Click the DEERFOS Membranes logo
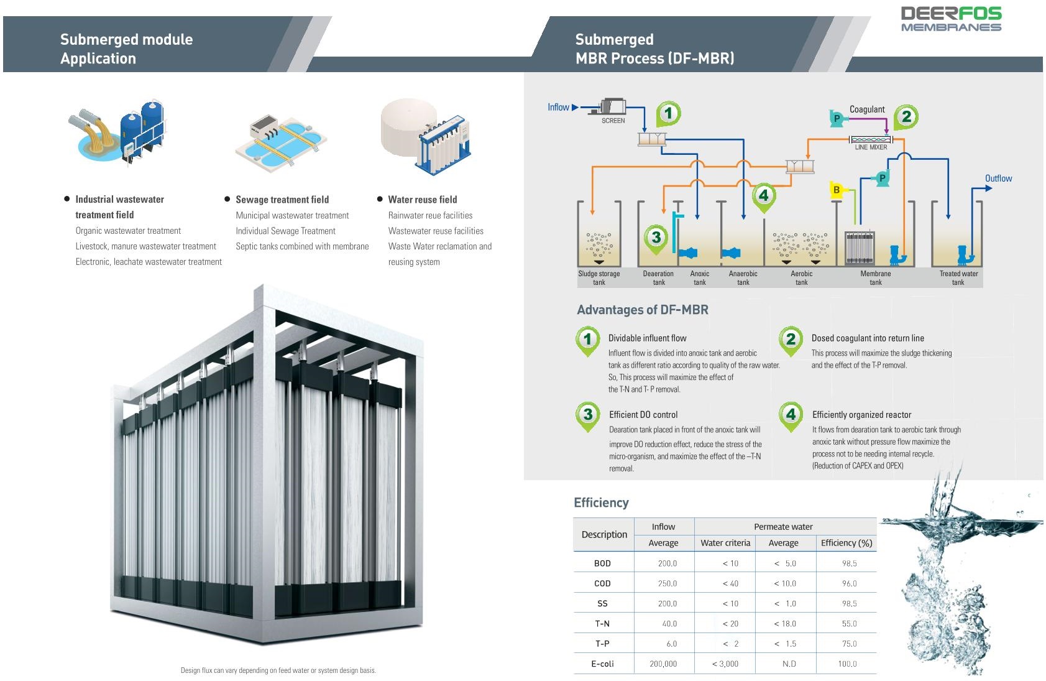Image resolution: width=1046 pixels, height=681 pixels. (x=951, y=19)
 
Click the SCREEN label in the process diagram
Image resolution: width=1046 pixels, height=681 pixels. (x=613, y=121)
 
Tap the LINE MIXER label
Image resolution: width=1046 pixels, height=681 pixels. (x=871, y=147)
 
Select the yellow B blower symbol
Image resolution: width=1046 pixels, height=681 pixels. (x=837, y=190)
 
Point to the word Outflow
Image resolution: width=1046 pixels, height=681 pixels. (x=998, y=178)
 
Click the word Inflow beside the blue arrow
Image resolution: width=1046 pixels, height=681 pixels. (x=558, y=108)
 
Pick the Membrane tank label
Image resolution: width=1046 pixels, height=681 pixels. (x=875, y=278)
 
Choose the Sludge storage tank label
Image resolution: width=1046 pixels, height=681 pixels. (x=599, y=278)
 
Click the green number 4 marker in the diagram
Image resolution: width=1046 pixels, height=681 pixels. (x=764, y=195)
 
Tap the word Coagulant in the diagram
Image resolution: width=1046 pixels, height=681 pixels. (x=867, y=109)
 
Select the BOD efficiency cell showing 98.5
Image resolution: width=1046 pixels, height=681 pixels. (x=849, y=563)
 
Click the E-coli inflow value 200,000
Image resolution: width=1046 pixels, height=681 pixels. (x=663, y=664)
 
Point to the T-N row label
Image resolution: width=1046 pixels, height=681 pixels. (x=602, y=623)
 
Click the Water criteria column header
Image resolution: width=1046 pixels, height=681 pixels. (x=725, y=543)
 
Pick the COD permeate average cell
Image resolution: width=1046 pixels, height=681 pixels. (x=784, y=583)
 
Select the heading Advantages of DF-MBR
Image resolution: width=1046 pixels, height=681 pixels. (x=642, y=310)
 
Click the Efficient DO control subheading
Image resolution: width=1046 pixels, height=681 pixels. (x=643, y=415)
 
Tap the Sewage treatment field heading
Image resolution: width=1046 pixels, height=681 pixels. (x=282, y=200)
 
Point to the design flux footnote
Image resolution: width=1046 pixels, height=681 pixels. (x=278, y=670)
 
